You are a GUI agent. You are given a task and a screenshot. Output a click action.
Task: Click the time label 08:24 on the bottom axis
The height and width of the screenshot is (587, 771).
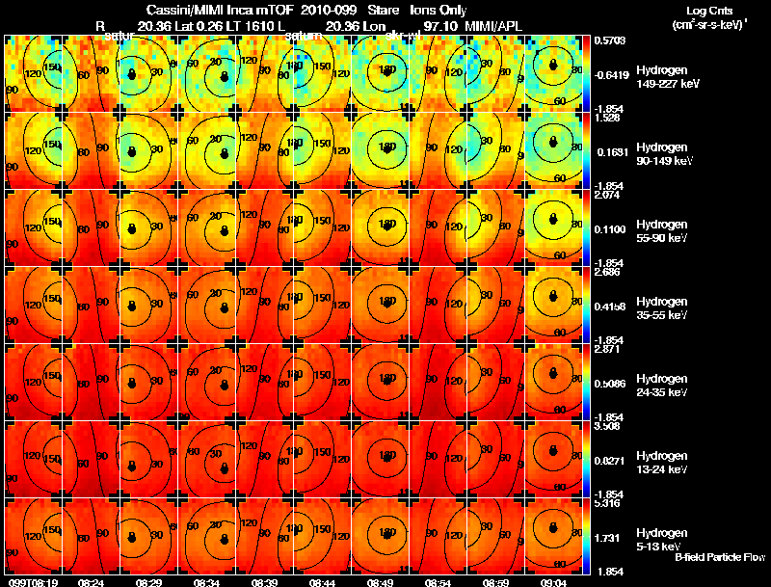(x=92, y=582)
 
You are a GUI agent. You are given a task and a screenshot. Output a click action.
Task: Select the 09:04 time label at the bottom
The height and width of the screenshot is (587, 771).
(x=553, y=582)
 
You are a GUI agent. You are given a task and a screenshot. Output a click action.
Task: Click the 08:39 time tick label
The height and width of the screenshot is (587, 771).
(x=264, y=582)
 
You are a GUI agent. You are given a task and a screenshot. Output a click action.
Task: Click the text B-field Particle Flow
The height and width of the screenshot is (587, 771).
(x=720, y=557)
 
